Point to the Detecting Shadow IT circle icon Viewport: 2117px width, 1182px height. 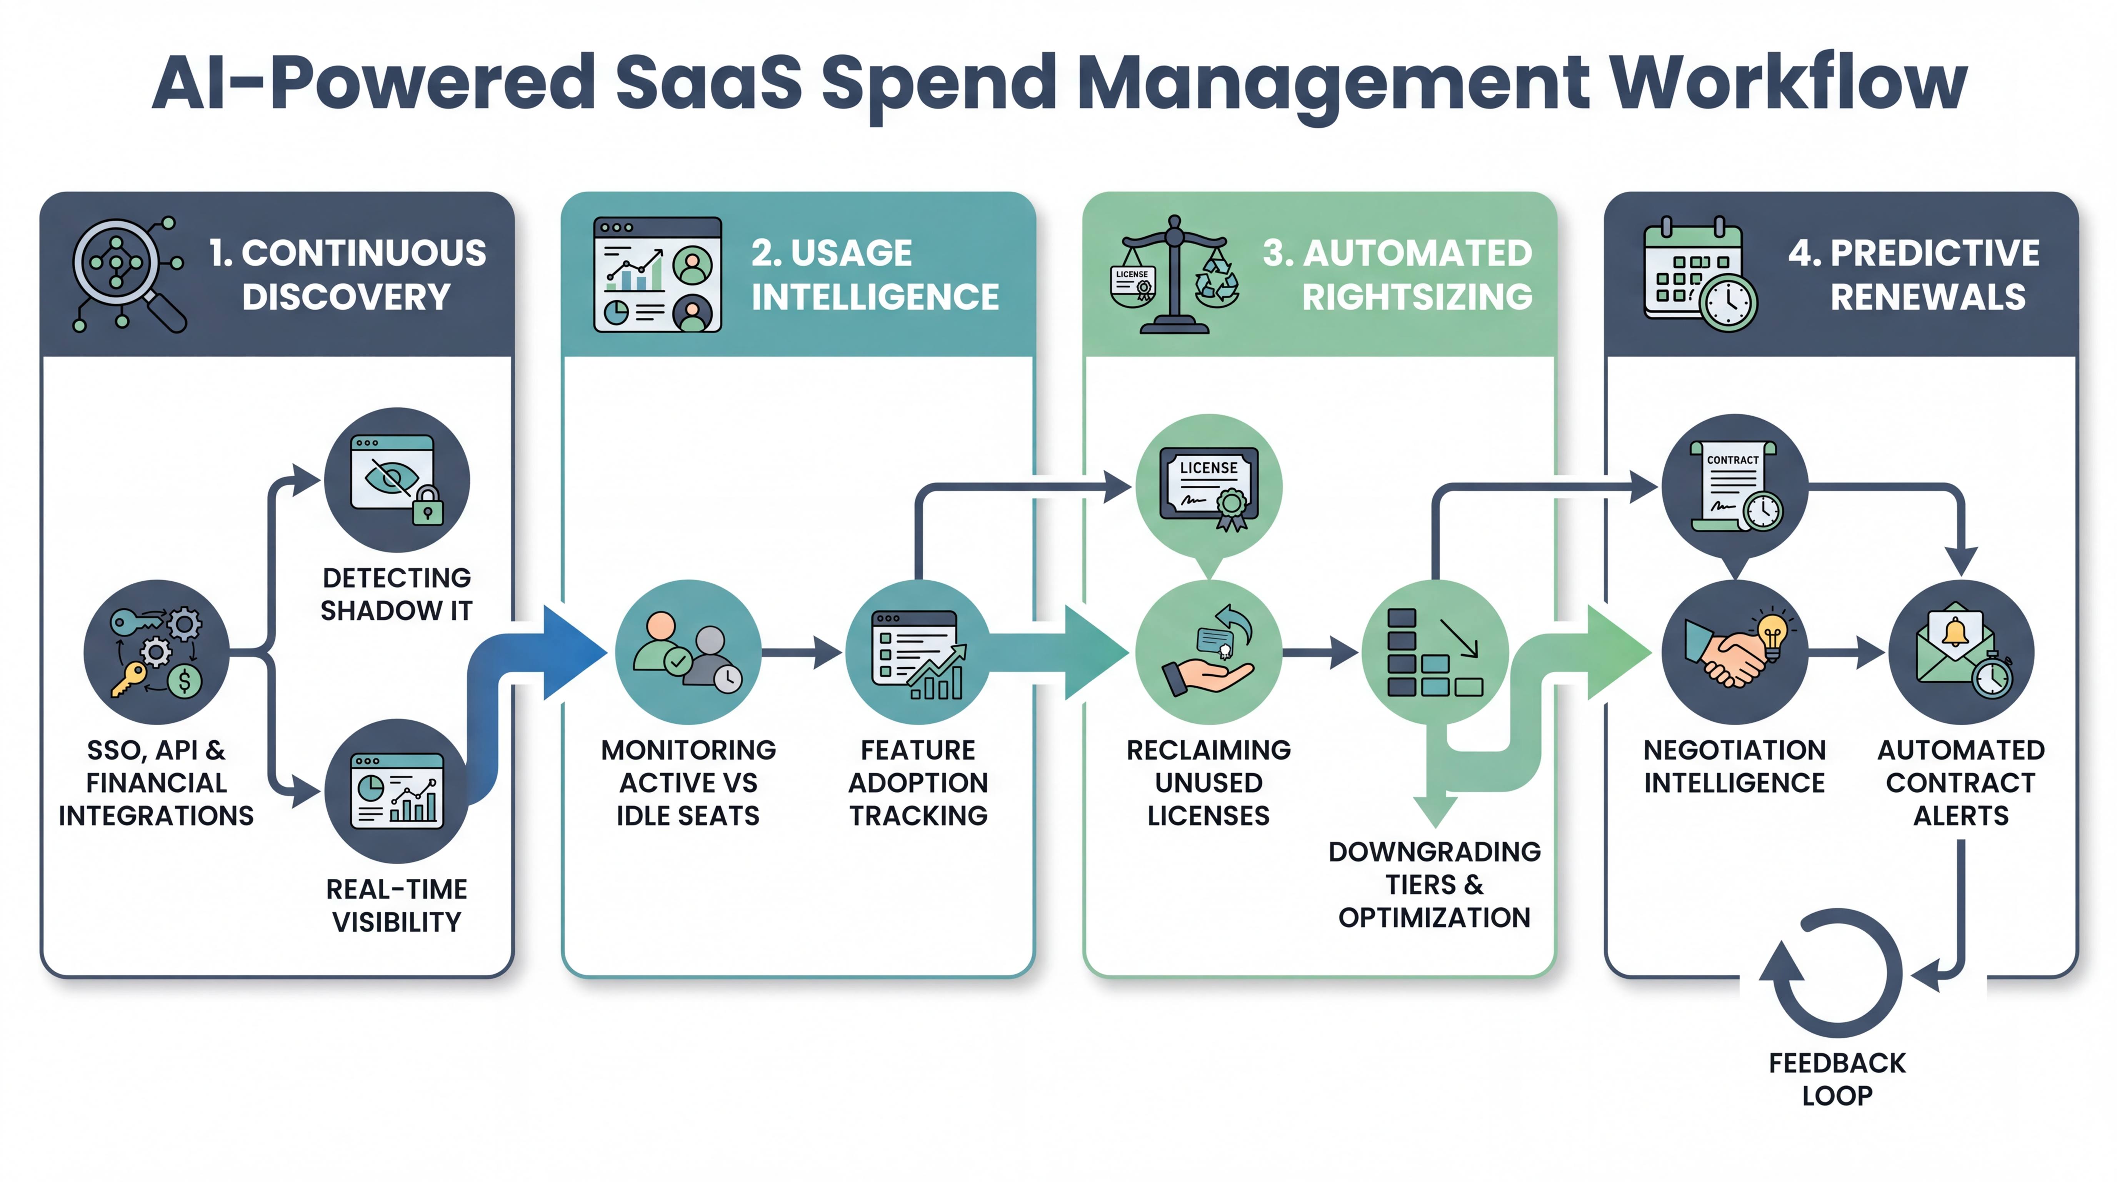point(397,480)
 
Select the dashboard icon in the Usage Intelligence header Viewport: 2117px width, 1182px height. point(657,275)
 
